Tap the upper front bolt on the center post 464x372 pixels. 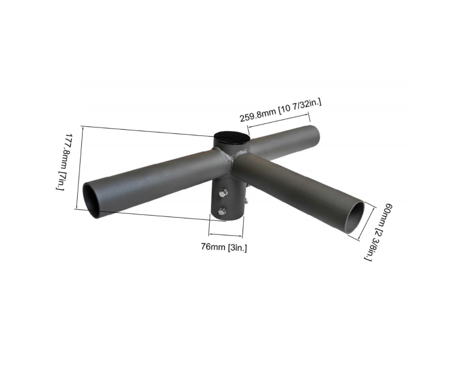223,193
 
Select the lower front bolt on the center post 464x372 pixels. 222,212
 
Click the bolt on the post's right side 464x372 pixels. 246,201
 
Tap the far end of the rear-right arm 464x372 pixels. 316,133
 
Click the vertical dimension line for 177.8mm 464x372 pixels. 79,167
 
